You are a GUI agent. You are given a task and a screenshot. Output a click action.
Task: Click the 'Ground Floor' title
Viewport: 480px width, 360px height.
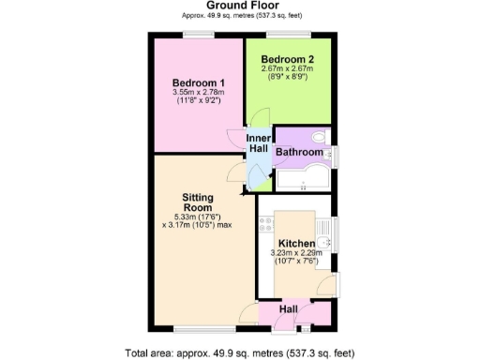click(239, 6)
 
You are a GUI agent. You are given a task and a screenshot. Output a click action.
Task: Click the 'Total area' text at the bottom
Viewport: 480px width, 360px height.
click(239, 353)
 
